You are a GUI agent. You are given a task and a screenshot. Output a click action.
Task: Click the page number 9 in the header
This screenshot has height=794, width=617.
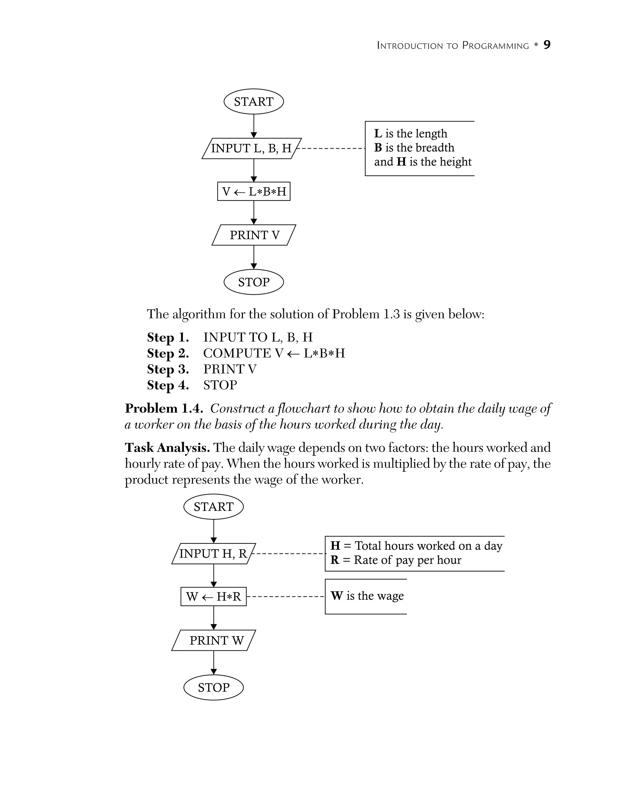point(547,45)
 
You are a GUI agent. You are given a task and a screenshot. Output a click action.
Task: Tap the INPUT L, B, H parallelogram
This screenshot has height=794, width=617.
point(251,148)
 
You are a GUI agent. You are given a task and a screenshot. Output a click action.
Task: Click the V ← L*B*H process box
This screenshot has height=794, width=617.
point(253,191)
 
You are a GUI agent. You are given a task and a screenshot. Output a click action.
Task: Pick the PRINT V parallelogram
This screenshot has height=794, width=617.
point(254,235)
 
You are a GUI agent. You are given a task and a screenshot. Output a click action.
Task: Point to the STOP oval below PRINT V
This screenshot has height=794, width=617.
point(253,282)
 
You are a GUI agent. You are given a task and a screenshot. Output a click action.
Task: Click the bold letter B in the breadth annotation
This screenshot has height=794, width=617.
point(378,147)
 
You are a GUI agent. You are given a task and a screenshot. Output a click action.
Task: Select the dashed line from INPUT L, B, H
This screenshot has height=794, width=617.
point(330,148)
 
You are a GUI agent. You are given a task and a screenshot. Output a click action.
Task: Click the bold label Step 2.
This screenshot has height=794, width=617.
point(168,353)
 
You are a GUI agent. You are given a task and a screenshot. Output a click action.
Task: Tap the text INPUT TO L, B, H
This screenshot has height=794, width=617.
point(258,337)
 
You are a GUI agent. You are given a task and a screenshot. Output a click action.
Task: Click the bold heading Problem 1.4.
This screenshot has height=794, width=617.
point(164,409)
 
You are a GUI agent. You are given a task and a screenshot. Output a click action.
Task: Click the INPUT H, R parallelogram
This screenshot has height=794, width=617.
point(213,554)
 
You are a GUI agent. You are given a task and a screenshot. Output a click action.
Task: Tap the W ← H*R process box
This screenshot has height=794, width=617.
point(214,596)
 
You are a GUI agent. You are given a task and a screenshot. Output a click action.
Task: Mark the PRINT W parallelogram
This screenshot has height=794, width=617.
point(214,641)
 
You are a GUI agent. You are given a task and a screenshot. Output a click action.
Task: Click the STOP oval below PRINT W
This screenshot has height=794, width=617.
point(214,688)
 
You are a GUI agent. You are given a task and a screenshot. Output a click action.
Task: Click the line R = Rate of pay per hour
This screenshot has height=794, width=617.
point(396,560)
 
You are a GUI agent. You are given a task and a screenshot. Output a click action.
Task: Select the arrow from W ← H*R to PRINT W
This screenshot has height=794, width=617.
point(214,618)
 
